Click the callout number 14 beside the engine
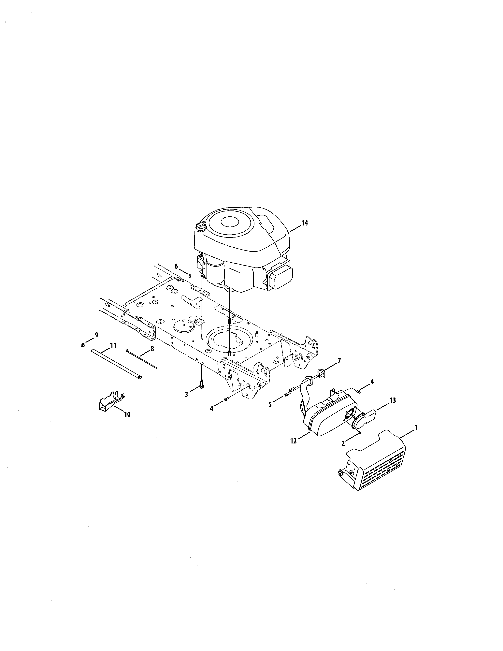[x=305, y=223]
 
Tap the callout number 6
[x=176, y=266]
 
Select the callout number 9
[x=96, y=335]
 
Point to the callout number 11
[x=113, y=345]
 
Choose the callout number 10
[x=127, y=414]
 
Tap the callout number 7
[x=339, y=360]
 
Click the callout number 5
[x=270, y=404]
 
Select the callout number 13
[x=393, y=400]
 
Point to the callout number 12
[x=294, y=441]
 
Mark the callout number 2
[x=343, y=443]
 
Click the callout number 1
[x=416, y=427]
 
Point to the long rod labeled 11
[x=116, y=364]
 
